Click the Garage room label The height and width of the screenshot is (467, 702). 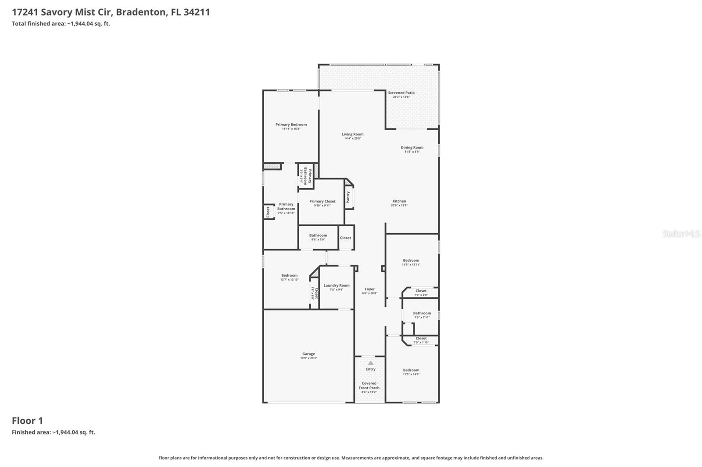click(x=308, y=354)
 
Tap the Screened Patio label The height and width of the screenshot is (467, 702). click(x=401, y=93)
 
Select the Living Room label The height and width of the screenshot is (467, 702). click(x=353, y=135)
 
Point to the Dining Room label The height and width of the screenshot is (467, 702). click(x=412, y=148)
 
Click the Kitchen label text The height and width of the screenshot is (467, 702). click(x=399, y=201)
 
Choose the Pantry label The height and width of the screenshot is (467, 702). click(x=348, y=197)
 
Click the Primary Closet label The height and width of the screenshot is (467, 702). click(x=322, y=202)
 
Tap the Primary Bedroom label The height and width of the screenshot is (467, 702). click(x=291, y=125)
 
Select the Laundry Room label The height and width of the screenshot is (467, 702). click(x=337, y=285)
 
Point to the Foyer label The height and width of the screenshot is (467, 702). click(x=370, y=289)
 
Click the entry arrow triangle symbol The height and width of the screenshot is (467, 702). click(x=371, y=363)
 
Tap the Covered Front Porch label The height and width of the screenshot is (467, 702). click(x=369, y=385)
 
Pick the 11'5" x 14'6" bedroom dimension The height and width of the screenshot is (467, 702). click(x=411, y=374)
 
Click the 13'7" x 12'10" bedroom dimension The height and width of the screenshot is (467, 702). click(x=290, y=280)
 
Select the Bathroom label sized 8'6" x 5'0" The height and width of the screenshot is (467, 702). click(x=318, y=235)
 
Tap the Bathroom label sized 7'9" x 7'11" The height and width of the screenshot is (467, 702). click(x=422, y=314)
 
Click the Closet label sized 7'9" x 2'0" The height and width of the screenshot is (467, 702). click(x=421, y=291)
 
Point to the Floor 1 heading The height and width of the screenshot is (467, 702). click(x=27, y=421)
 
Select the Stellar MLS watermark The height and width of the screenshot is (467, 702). click(x=681, y=234)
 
